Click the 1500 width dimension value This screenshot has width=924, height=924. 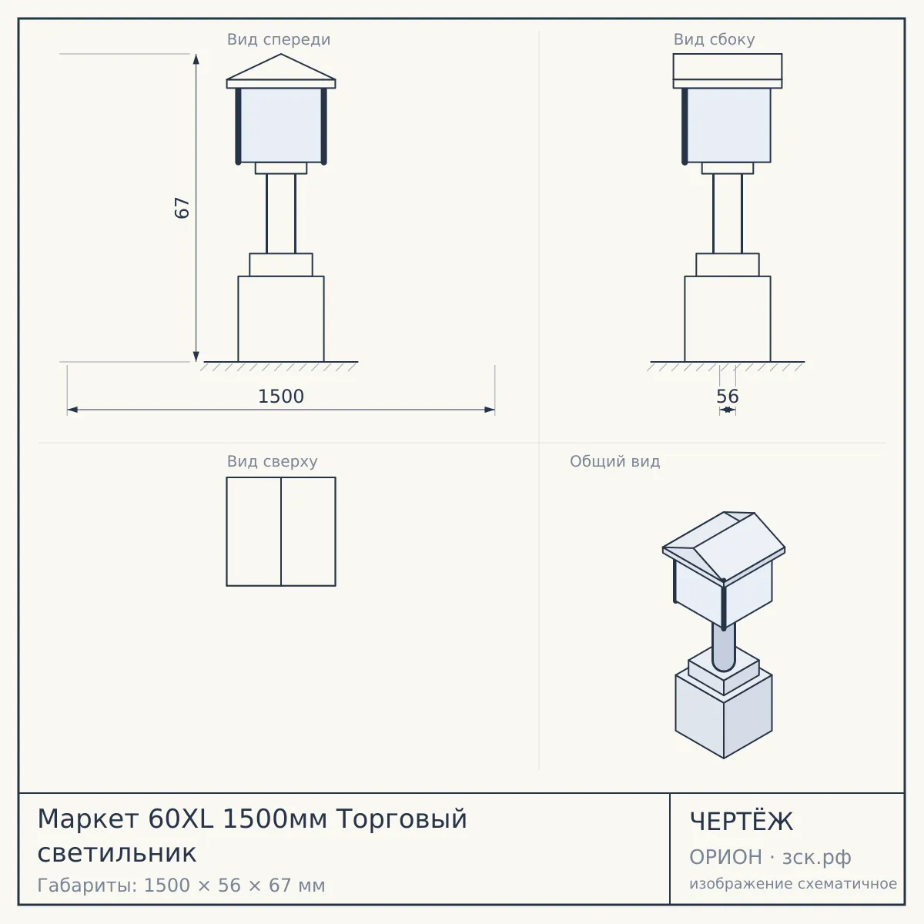tap(281, 397)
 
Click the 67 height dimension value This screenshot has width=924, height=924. tap(182, 208)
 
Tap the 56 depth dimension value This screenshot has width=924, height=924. tap(728, 397)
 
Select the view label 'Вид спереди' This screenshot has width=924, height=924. tap(279, 39)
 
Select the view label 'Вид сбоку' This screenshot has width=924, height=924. tap(714, 39)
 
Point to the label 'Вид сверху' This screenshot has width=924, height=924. tap(272, 461)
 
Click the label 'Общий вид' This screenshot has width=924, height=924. tap(614, 461)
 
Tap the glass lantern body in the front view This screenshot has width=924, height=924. tap(281, 126)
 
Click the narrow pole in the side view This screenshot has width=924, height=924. tap(728, 213)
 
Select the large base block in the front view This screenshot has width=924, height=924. tap(281, 319)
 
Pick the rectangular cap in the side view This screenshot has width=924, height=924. tap(728, 67)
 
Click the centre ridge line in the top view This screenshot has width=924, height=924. tap(281, 531)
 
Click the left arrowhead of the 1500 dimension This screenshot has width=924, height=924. tap(72, 410)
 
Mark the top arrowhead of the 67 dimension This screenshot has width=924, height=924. tap(196, 59)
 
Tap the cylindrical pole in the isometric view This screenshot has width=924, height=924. tap(724, 646)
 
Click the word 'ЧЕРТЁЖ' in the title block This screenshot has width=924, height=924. tap(742, 822)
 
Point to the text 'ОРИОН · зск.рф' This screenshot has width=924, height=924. tap(770, 857)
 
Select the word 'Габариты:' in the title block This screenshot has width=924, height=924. tap(88, 885)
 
